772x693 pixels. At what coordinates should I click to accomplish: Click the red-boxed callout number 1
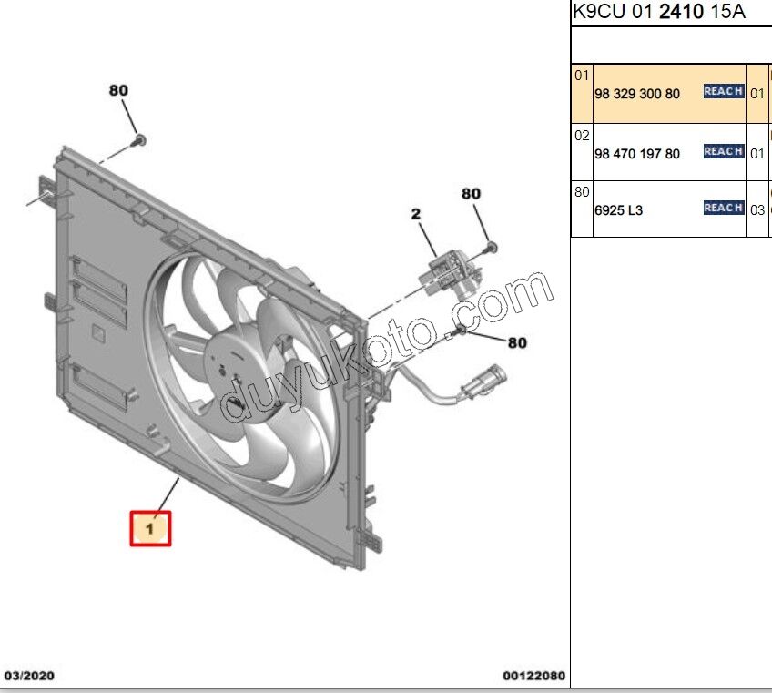150,529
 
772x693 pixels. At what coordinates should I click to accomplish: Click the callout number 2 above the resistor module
416,214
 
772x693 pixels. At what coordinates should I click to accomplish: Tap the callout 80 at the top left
118,90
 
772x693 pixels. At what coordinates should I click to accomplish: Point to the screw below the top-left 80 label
140,140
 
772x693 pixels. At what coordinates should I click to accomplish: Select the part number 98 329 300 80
637,94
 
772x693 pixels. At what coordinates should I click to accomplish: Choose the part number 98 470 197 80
637,154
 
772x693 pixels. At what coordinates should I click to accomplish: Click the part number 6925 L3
618,210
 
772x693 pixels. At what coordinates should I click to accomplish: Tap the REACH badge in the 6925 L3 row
723,208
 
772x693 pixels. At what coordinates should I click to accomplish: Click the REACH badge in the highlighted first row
723,91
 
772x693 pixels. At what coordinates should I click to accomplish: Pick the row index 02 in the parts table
582,136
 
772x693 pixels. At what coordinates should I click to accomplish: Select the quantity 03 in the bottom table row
757,210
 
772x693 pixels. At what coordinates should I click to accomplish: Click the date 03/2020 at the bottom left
29,676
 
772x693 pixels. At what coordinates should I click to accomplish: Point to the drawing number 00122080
533,676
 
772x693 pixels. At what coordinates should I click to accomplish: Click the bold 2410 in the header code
681,11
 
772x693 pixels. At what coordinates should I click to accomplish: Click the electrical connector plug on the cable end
484,381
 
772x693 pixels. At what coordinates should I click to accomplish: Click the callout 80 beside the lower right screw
517,342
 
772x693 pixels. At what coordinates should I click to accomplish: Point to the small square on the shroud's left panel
98,333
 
